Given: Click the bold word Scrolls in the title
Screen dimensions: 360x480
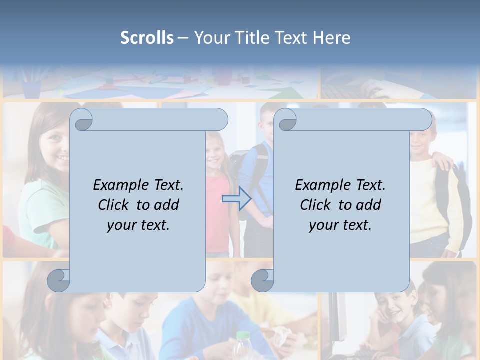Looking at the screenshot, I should (147, 38).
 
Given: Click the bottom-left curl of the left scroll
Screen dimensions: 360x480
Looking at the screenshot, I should (59, 280).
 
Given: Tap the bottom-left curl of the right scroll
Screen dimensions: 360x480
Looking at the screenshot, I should (262, 280).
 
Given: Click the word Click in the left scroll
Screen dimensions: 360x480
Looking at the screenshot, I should (114, 205).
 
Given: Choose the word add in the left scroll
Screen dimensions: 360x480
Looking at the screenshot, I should (167, 205).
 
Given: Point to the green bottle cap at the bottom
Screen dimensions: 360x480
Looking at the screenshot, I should (242, 336).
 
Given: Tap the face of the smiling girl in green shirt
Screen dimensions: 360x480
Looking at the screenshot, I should (55, 145).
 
